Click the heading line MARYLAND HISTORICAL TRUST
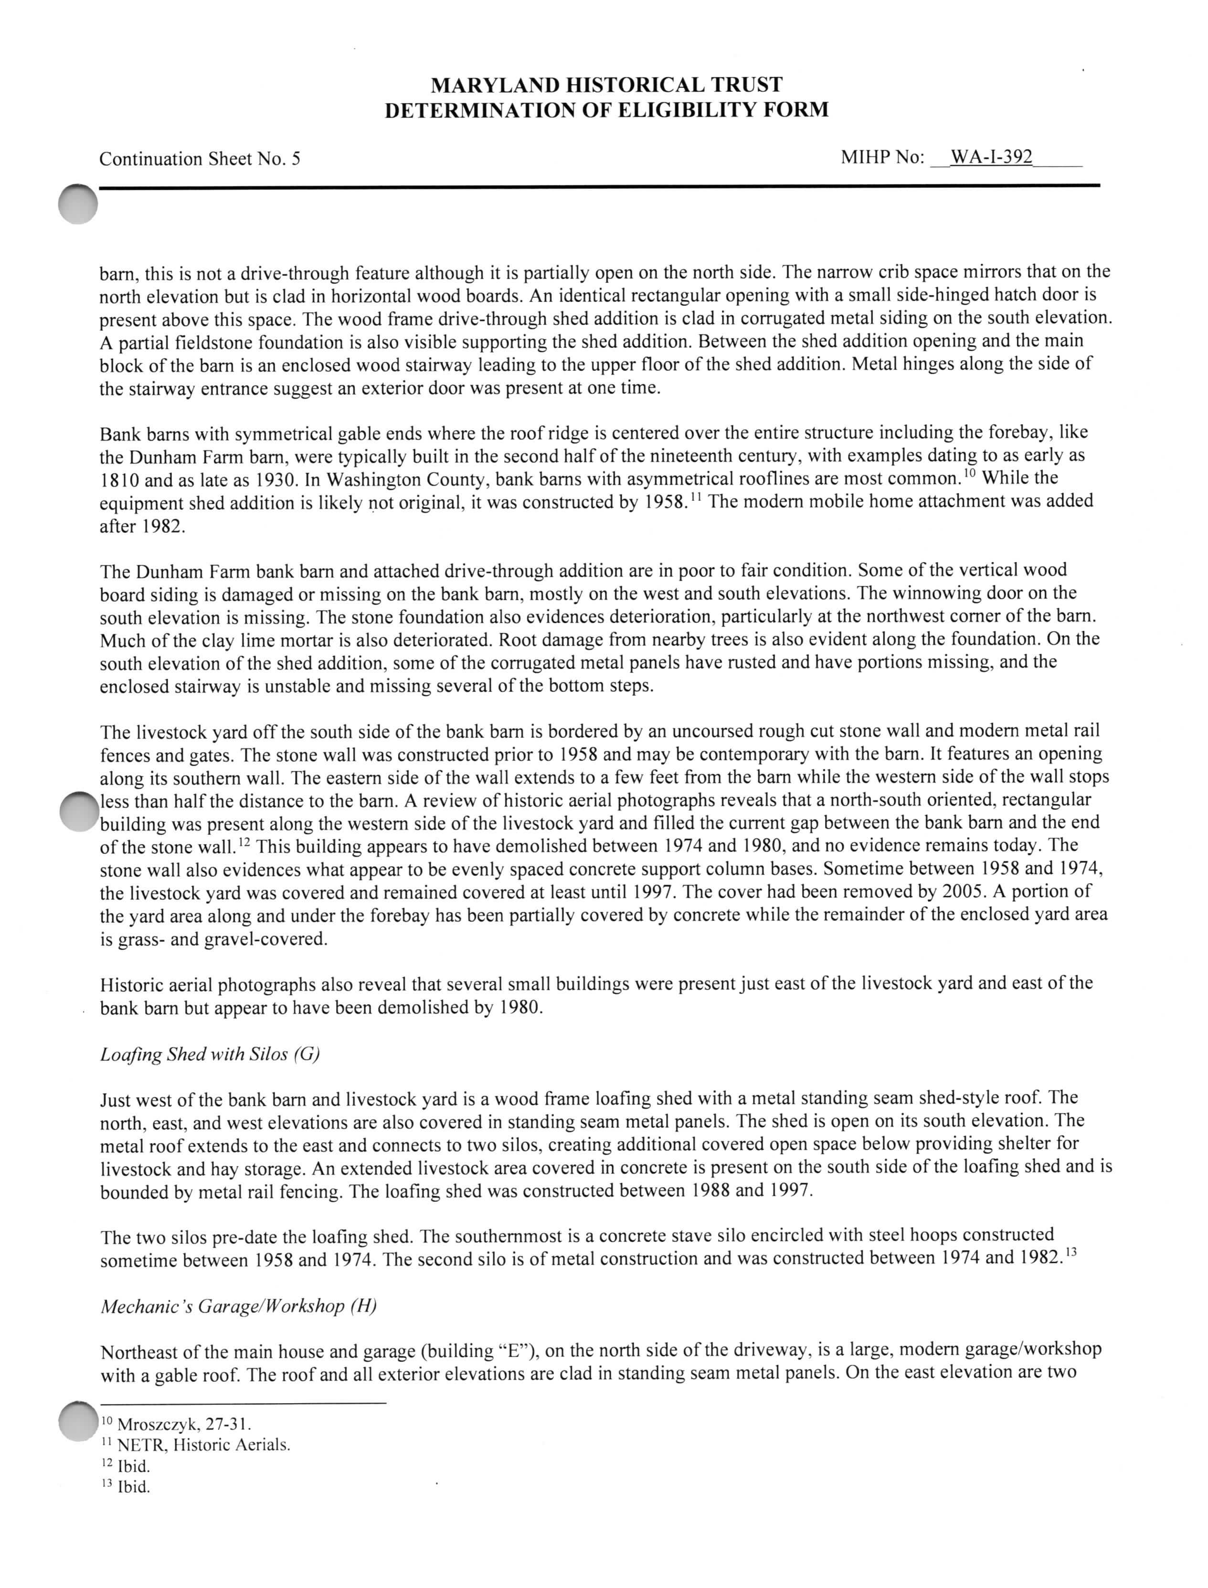click(x=606, y=85)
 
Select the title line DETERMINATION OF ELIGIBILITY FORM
click(x=606, y=110)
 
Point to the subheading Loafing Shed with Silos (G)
click(x=210, y=1054)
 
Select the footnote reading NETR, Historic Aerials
click(x=195, y=1445)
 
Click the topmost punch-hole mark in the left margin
click(x=78, y=205)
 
